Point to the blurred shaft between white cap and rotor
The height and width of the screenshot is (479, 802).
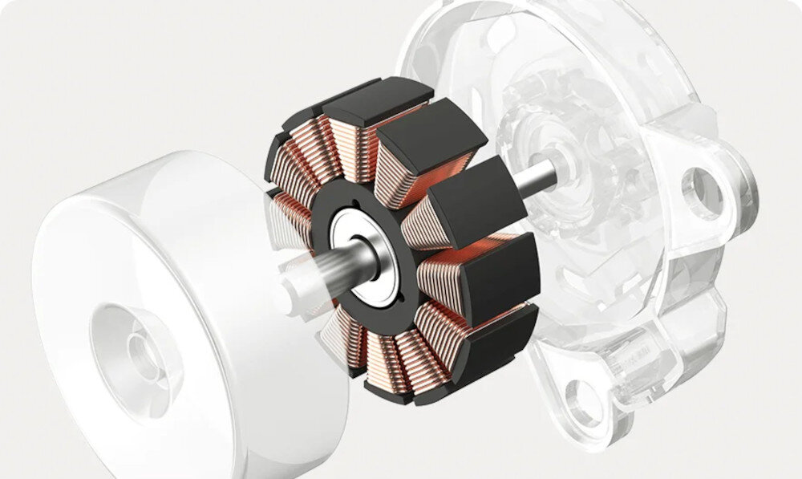coord(317,273)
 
